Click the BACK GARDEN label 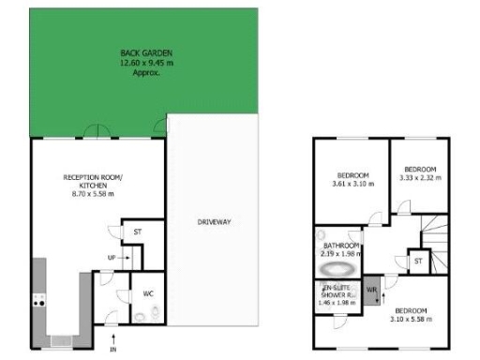146,52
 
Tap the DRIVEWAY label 214,222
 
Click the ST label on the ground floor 137,231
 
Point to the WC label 148,293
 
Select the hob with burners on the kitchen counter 39,301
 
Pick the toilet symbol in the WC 140,316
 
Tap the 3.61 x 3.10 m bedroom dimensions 352,184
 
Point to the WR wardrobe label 370,290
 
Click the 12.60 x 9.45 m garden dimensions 146,63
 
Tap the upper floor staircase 434,229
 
